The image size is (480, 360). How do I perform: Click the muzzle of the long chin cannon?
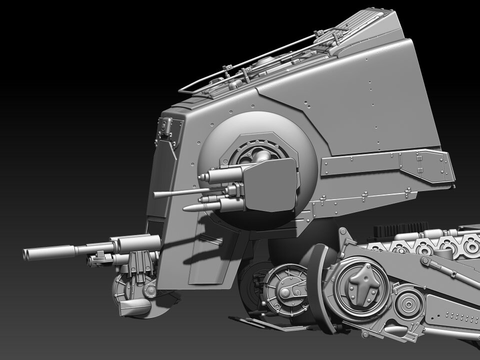click(x=26, y=254)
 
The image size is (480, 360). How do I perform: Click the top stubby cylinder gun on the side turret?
click(x=220, y=175)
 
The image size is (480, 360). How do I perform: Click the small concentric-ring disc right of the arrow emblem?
click(x=409, y=304)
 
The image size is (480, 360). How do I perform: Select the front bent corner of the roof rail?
click(x=182, y=90)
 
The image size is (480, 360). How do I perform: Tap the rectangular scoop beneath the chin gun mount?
click(x=134, y=306)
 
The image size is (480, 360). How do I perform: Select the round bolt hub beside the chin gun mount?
click(x=150, y=290)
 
